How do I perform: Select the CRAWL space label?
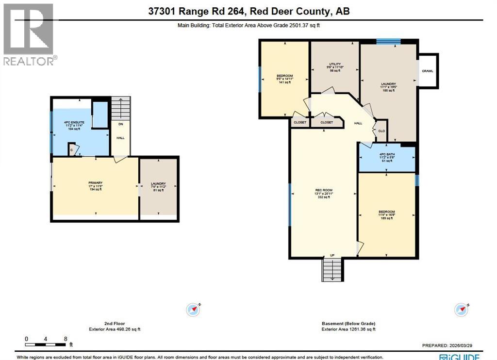coord(427,71)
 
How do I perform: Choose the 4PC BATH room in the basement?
coord(387,158)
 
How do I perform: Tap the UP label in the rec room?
coord(332,255)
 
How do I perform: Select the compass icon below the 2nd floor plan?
coord(193,309)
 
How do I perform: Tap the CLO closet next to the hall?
coord(381,131)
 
